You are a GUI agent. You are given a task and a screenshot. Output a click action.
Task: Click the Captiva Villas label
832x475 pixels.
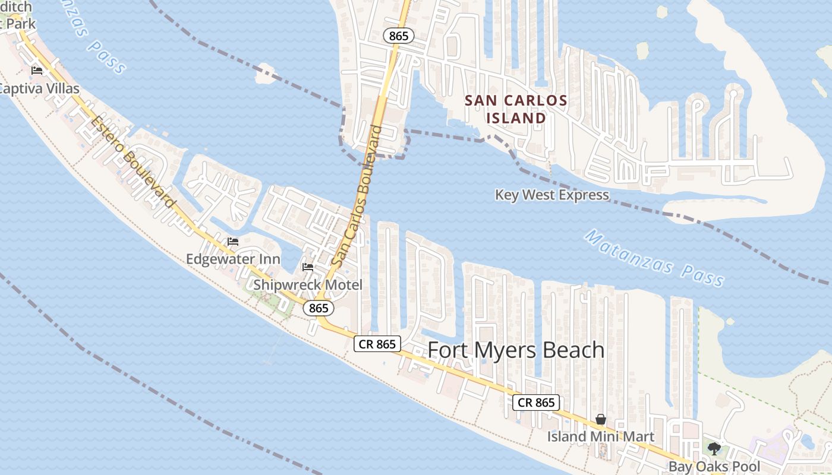click(x=39, y=89)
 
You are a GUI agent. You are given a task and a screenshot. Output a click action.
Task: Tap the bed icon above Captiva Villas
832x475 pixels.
click(x=37, y=71)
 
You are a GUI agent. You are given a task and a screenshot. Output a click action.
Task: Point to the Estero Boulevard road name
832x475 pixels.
click(x=134, y=162)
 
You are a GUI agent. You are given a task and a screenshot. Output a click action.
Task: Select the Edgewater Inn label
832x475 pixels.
click(x=233, y=259)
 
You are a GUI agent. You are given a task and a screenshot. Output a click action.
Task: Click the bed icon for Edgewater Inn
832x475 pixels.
click(x=233, y=242)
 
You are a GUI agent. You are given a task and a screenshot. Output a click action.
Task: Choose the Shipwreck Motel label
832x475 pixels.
click(x=307, y=285)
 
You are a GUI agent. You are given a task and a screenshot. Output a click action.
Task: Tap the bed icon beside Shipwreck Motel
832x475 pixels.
click(x=308, y=267)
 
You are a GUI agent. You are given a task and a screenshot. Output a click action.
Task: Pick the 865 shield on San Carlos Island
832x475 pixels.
click(x=398, y=36)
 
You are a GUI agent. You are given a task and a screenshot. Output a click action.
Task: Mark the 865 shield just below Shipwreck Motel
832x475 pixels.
click(x=319, y=308)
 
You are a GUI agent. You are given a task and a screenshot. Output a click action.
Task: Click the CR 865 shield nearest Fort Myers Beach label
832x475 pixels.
click(x=377, y=344)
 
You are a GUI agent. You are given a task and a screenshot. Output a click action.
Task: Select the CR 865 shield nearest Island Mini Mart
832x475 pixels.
click(x=536, y=403)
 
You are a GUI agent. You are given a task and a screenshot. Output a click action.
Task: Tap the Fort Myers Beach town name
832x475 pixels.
click(x=516, y=350)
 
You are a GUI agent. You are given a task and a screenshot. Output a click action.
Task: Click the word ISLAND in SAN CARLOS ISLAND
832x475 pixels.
click(x=516, y=118)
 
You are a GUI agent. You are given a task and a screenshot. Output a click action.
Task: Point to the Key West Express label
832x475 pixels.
click(x=551, y=195)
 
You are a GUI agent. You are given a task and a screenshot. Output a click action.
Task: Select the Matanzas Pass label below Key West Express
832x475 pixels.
click(x=654, y=258)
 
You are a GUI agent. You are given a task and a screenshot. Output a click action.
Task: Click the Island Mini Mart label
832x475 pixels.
click(x=600, y=437)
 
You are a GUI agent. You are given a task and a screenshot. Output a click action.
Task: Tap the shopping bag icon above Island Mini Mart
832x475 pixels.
click(x=601, y=420)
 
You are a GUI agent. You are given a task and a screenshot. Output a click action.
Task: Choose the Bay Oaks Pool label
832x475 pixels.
click(x=714, y=467)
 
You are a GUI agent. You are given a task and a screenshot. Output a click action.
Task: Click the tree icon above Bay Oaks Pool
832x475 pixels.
click(x=714, y=448)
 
